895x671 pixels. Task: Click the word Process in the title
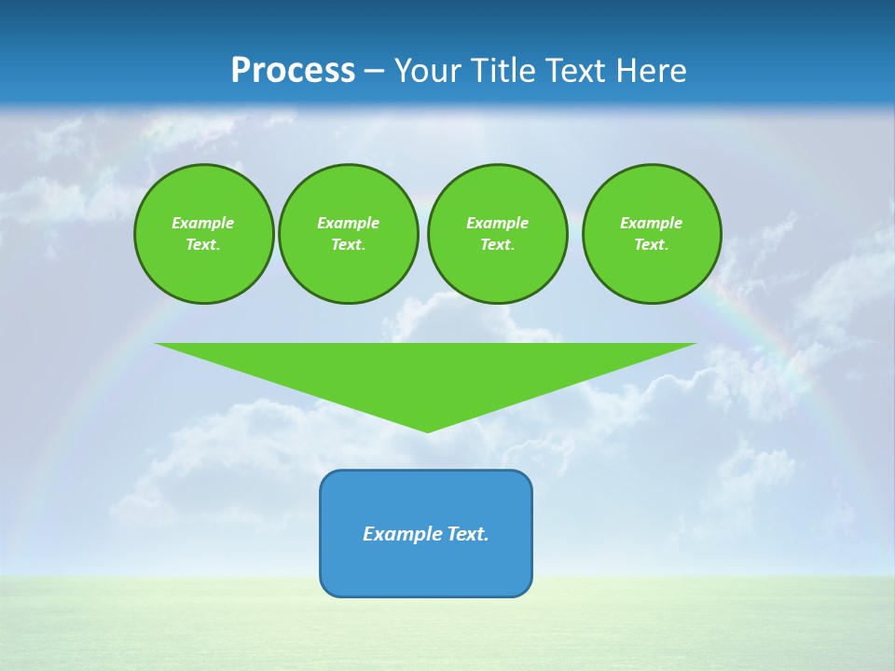[x=293, y=71]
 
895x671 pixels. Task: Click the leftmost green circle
[x=203, y=234]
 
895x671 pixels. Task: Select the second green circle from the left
[x=348, y=234]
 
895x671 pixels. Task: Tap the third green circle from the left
[x=497, y=234]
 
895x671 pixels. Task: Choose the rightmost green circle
[x=652, y=234]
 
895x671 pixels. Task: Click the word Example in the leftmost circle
[x=203, y=223]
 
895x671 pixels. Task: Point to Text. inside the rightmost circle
[x=652, y=245]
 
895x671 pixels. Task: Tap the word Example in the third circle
[x=497, y=223]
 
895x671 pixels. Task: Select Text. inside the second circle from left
[x=348, y=245]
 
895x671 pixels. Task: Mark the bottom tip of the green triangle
[x=427, y=431]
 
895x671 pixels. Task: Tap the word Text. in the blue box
[x=468, y=534]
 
